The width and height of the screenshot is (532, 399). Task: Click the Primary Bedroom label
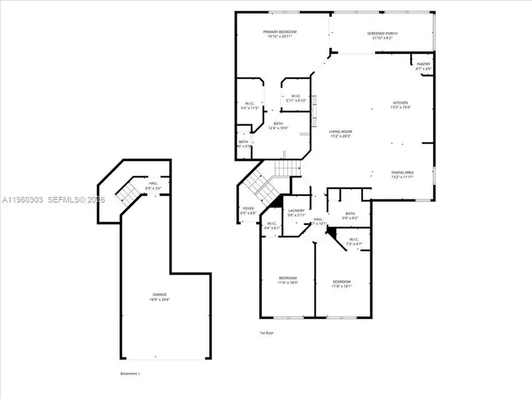point(279,32)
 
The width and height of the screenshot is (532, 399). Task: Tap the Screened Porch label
point(381,33)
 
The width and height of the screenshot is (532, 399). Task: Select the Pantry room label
point(424,64)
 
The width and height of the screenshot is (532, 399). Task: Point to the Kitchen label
point(400,102)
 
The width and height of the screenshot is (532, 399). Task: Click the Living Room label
point(340,132)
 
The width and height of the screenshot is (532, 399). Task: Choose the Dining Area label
point(402,173)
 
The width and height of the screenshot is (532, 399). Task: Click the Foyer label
point(247,209)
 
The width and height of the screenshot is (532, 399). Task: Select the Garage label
point(160,294)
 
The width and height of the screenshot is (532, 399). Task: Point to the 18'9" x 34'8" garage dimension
point(160,299)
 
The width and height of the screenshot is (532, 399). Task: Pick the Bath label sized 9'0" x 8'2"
point(350,213)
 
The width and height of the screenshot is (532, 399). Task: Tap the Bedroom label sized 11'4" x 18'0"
point(288,277)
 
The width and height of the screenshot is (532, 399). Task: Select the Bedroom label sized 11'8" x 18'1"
point(342,282)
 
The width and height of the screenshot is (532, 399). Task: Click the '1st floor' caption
point(266,332)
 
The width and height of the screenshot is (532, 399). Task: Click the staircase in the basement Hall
point(125,194)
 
